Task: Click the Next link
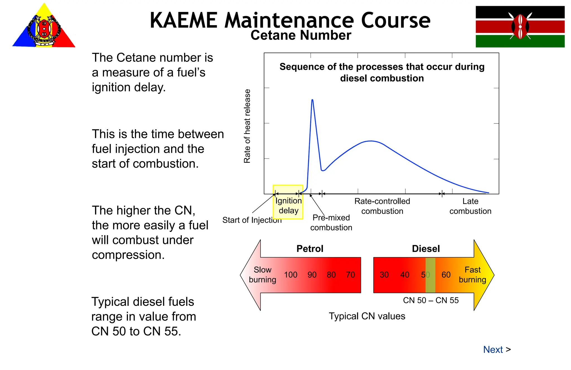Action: [493, 350]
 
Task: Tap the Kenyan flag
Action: [520, 27]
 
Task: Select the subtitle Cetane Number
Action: [301, 35]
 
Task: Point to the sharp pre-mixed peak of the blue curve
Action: [312, 100]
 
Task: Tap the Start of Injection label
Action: [252, 220]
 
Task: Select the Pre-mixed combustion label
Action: [331, 223]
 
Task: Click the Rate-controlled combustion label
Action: [382, 206]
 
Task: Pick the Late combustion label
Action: [470, 206]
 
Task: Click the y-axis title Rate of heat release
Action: [247, 126]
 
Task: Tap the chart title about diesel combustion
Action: [382, 72]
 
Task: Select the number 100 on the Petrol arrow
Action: [291, 275]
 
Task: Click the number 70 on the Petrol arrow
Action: [350, 275]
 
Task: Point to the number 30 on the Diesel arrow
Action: [384, 275]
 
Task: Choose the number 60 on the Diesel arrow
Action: [446, 275]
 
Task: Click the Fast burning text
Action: [472, 275]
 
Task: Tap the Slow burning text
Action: [262, 275]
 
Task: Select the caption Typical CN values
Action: [367, 316]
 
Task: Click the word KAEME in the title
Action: [183, 21]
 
